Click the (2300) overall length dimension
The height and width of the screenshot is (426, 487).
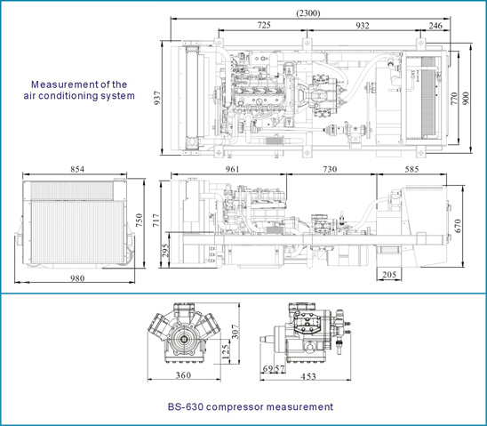point(308,13)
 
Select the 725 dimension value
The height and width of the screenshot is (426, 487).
point(264,25)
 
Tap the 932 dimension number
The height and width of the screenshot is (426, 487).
point(363,25)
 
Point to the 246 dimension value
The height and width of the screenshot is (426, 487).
point(435,25)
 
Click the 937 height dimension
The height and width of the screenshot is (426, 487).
point(157,98)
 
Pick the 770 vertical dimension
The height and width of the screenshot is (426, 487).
point(454,98)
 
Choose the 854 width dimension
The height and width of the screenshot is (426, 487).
point(77,169)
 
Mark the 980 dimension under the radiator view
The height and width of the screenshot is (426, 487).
point(76,278)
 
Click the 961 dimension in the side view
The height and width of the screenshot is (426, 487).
point(232,169)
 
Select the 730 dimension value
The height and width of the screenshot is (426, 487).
point(330,169)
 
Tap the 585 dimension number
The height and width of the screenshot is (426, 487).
point(411,169)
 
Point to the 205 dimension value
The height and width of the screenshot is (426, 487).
point(389,275)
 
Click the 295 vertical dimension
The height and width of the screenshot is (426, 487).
point(165,250)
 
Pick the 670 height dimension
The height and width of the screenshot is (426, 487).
point(458,226)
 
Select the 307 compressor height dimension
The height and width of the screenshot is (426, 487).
point(236,331)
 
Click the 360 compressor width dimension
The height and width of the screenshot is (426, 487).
point(183,375)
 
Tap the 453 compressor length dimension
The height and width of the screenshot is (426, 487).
point(308,376)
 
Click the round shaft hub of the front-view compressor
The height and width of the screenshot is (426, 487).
point(184,339)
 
